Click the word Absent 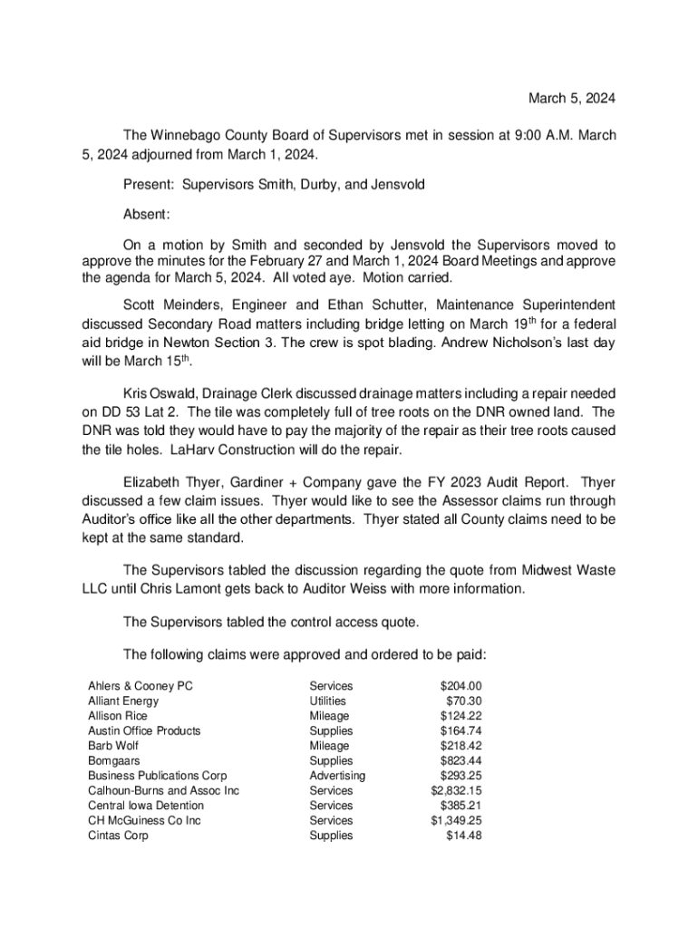pyautogui.click(x=146, y=215)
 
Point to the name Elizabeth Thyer pyautogui.click(x=170, y=482)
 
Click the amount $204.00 pyautogui.click(x=460, y=686)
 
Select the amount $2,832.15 pyautogui.click(x=456, y=790)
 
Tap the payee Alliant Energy pyautogui.click(x=122, y=701)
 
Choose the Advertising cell pyautogui.click(x=337, y=776)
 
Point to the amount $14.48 pyautogui.click(x=463, y=836)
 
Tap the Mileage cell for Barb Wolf pyautogui.click(x=329, y=746)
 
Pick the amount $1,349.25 pyautogui.click(x=456, y=820)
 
